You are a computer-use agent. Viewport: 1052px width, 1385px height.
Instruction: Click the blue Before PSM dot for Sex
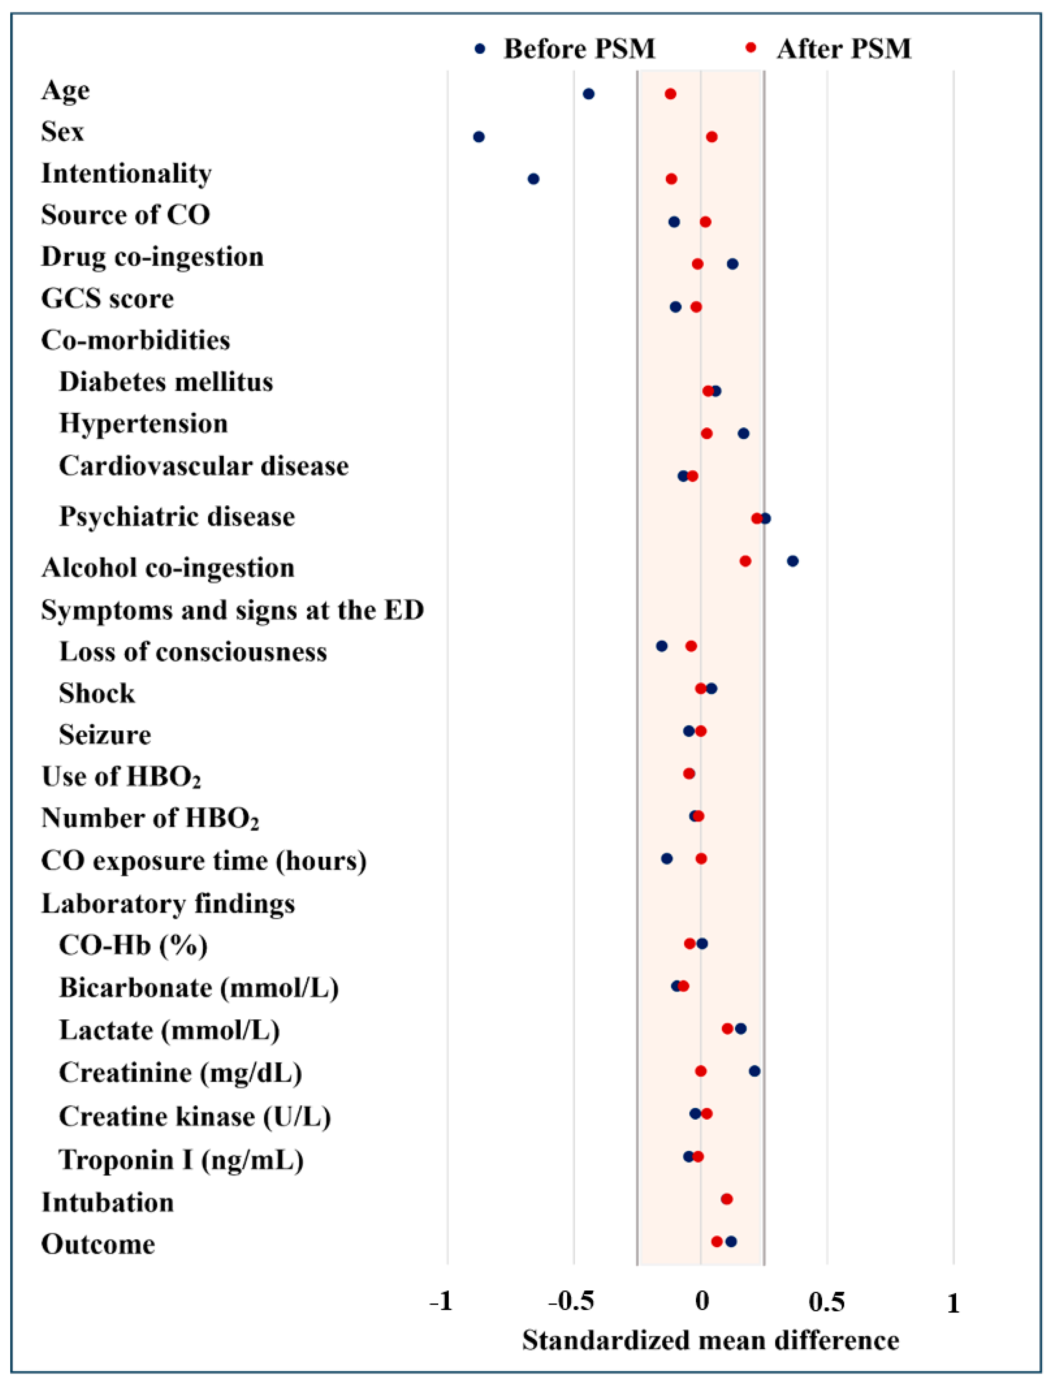tap(479, 137)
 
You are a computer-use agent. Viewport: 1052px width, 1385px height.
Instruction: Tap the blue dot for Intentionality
tap(533, 179)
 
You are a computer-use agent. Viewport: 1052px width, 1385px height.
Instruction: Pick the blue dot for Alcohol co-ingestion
tap(793, 561)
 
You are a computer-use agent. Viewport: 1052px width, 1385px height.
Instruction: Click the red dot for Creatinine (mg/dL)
tap(701, 1071)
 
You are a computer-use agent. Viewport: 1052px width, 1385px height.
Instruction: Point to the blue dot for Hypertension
tap(743, 433)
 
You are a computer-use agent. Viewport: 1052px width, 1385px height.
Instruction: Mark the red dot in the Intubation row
tap(727, 1199)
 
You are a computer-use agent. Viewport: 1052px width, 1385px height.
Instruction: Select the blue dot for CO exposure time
tap(667, 859)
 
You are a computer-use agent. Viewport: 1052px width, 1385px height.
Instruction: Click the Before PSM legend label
tap(579, 49)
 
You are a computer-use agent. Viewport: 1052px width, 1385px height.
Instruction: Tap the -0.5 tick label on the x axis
tap(571, 1303)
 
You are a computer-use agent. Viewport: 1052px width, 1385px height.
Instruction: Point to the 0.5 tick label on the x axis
tap(827, 1303)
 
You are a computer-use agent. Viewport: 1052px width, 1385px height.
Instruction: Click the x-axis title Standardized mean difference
tap(711, 1341)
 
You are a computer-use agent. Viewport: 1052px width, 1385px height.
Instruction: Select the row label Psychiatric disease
tap(177, 517)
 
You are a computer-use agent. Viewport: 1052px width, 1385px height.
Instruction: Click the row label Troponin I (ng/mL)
tap(181, 1160)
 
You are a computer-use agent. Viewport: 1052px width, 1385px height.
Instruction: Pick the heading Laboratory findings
tap(168, 903)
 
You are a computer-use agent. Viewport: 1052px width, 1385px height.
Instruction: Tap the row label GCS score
tap(107, 298)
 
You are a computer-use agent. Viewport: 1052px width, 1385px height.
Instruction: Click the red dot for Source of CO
tap(706, 222)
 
